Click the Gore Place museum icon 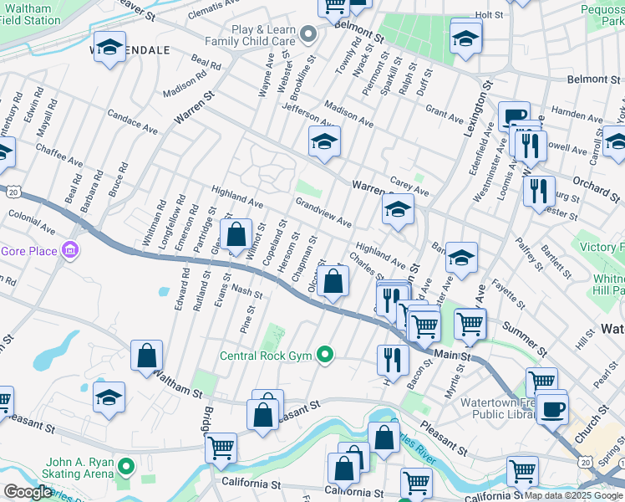point(70,250)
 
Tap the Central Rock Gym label point(265,356)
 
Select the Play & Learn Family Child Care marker point(309,34)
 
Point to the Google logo point(28,492)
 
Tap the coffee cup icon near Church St point(551,408)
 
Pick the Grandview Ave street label point(323,212)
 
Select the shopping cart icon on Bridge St point(221,448)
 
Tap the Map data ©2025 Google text point(572,495)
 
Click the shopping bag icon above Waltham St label point(147,355)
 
